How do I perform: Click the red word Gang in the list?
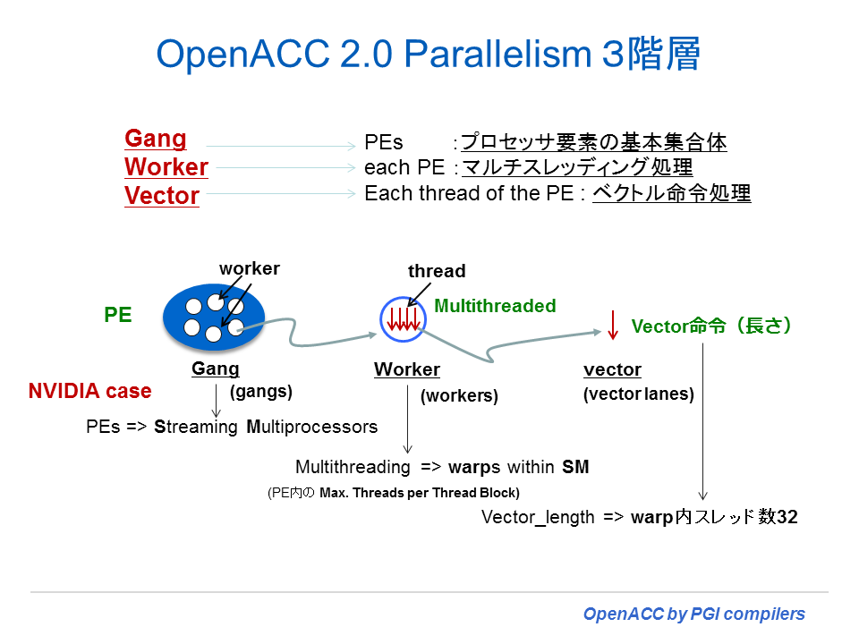coord(156,139)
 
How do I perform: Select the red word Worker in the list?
coord(166,167)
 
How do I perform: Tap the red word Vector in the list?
coord(162,196)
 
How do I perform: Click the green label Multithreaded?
coord(495,306)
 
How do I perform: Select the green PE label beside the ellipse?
coord(118,315)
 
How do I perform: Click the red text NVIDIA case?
coord(89,391)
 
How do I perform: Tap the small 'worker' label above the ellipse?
coord(250,268)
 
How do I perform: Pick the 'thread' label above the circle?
coord(437,271)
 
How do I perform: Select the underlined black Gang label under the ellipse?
coord(216,369)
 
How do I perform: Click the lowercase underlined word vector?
coord(612,369)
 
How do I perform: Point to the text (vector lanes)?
coord(638,394)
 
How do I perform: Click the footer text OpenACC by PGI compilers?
coord(693,614)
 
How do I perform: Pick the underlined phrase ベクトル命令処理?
coord(671,193)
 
